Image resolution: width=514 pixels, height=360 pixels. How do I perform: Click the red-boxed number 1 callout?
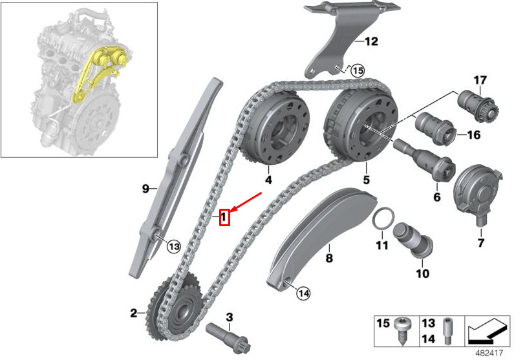click(224, 217)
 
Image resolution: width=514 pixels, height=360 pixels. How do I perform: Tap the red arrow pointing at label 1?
click(246, 202)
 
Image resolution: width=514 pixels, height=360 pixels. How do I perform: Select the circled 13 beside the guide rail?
click(174, 246)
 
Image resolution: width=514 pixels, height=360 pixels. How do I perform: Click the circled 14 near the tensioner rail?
click(303, 293)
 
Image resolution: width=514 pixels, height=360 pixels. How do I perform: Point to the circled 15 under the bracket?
click(358, 70)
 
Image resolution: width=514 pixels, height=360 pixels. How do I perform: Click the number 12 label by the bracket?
click(371, 41)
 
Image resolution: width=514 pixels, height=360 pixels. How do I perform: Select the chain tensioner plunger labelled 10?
click(413, 240)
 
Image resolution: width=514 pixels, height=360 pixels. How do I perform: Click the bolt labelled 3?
click(228, 337)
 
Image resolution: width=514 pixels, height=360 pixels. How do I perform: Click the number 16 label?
click(473, 135)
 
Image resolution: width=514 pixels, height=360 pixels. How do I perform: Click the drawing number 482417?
click(489, 354)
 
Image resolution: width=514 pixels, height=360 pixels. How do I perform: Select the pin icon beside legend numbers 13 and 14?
click(447, 331)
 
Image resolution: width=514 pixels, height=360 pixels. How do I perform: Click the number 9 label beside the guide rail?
click(145, 189)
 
